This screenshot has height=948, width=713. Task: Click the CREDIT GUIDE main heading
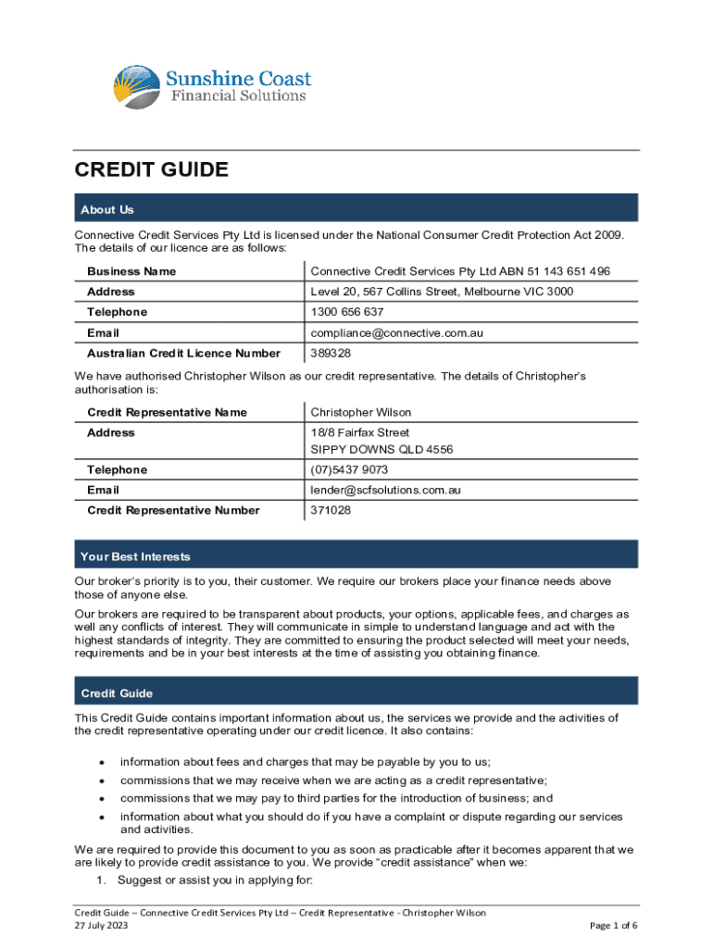[x=151, y=169]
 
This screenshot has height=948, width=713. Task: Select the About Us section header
[x=107, y=210]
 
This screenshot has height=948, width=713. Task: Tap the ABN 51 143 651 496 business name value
[x=460, y=271]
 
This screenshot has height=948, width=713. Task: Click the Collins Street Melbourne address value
[x=442, y=292]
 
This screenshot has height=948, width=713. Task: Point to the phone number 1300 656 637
[x=346, y=312]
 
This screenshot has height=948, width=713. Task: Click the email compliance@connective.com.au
[x=397, y=332]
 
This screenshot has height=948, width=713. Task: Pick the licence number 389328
[x=331, y=353]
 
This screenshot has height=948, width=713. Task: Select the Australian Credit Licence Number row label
[x=183, y=353]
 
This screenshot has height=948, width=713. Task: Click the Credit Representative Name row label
[x=167, y=412]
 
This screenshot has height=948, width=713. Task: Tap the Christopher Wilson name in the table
[x=361, y=412]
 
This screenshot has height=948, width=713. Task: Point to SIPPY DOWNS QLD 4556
[x=382, y=450]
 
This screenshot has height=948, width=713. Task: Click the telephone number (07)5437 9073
[x=349, y=470]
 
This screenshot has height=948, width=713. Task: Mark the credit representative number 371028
[x=331, y=510]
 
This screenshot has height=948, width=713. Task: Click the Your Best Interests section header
[x=135, y=556]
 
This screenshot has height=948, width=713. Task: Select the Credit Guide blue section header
[x=117, y=693]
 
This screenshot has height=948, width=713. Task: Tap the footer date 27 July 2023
[x=102, y=925]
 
